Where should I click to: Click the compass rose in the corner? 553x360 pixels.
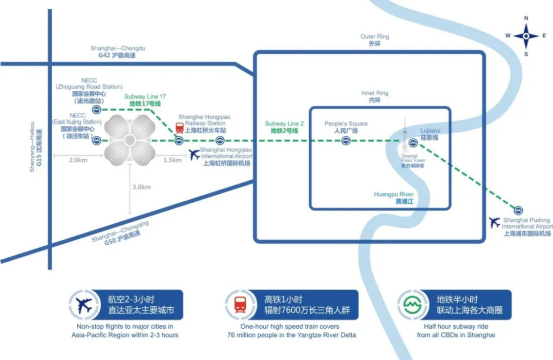526,36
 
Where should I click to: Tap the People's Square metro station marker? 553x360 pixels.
346,141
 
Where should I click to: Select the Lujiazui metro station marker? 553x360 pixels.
413,141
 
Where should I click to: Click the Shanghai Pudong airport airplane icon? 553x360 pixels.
494,223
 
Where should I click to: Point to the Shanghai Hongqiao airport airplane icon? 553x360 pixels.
194,154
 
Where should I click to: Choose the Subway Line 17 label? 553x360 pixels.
145,100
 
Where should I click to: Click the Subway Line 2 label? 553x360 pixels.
285,128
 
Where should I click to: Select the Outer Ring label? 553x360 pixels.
375,40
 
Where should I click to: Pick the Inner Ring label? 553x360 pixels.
375,97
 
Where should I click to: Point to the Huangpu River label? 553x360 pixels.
393,198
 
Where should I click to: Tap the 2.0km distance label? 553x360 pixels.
78,160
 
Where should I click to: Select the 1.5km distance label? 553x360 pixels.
173,160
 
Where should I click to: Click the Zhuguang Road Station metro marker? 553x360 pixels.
96,110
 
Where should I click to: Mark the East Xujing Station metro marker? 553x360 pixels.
96,141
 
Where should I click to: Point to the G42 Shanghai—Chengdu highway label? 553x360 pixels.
118,51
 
